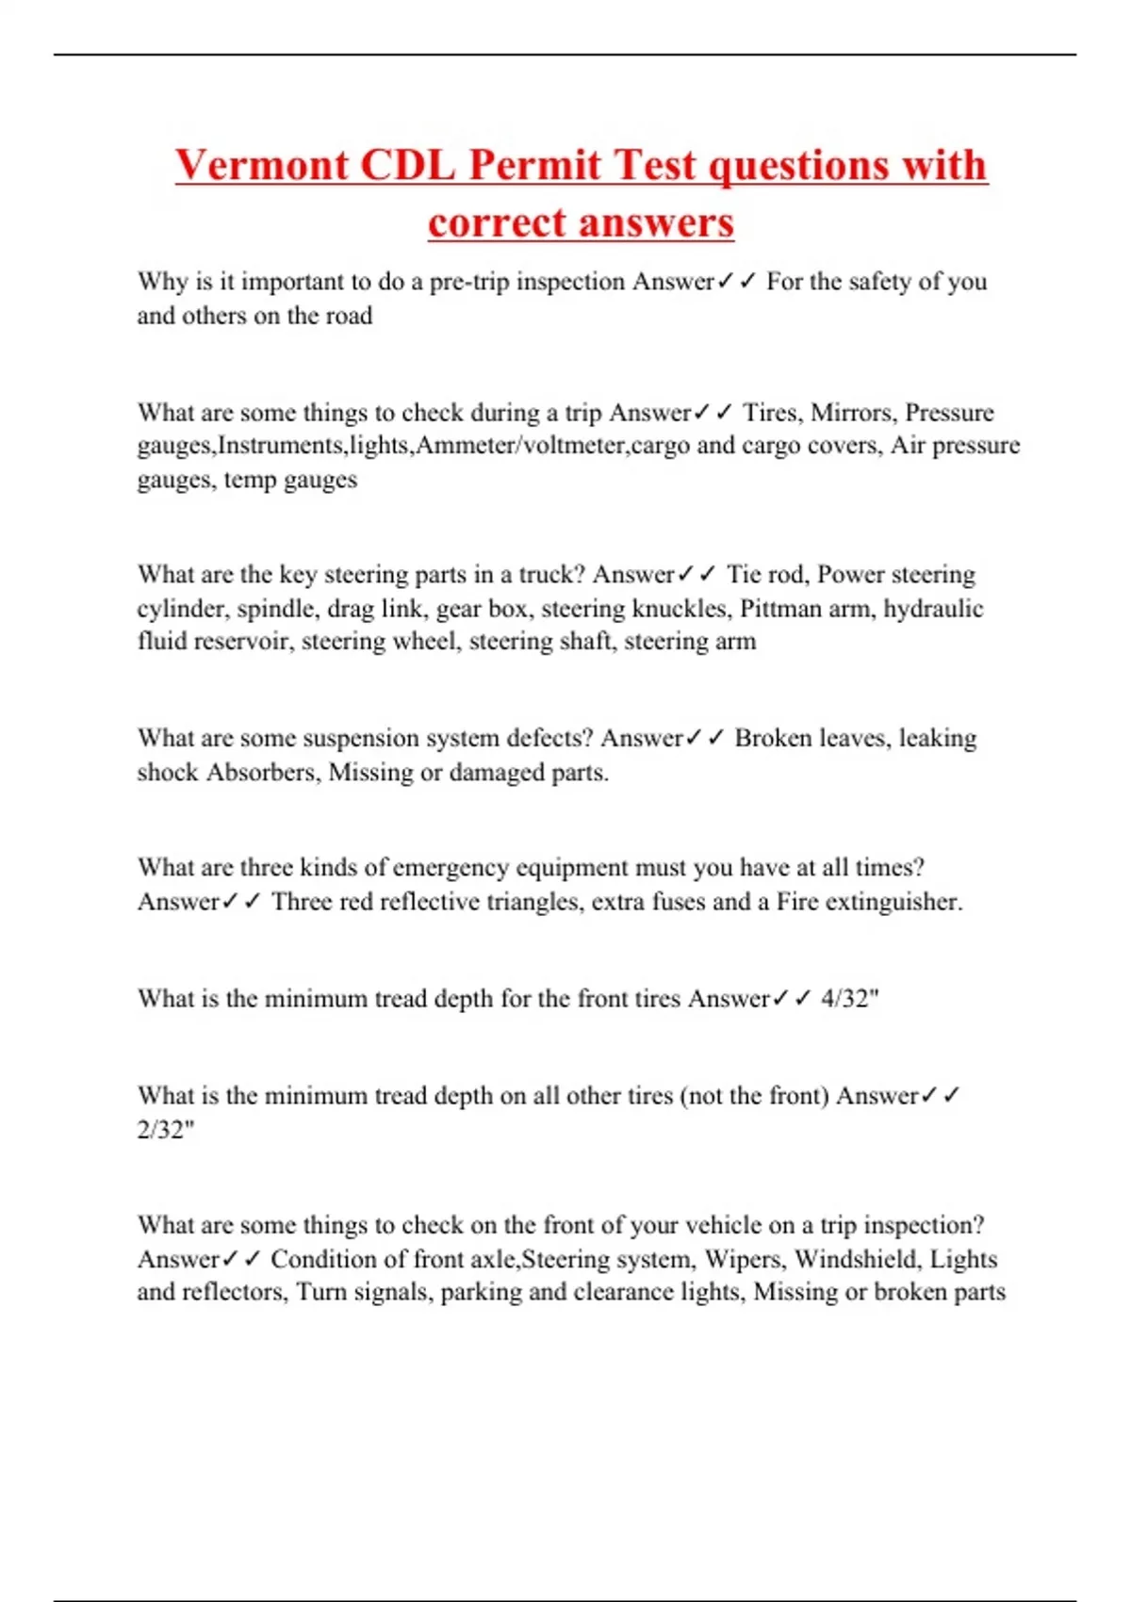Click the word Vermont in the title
point(261,165)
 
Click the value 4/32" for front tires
point(849,999)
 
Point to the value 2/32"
point(166,1129)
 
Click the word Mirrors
point(853,413)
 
